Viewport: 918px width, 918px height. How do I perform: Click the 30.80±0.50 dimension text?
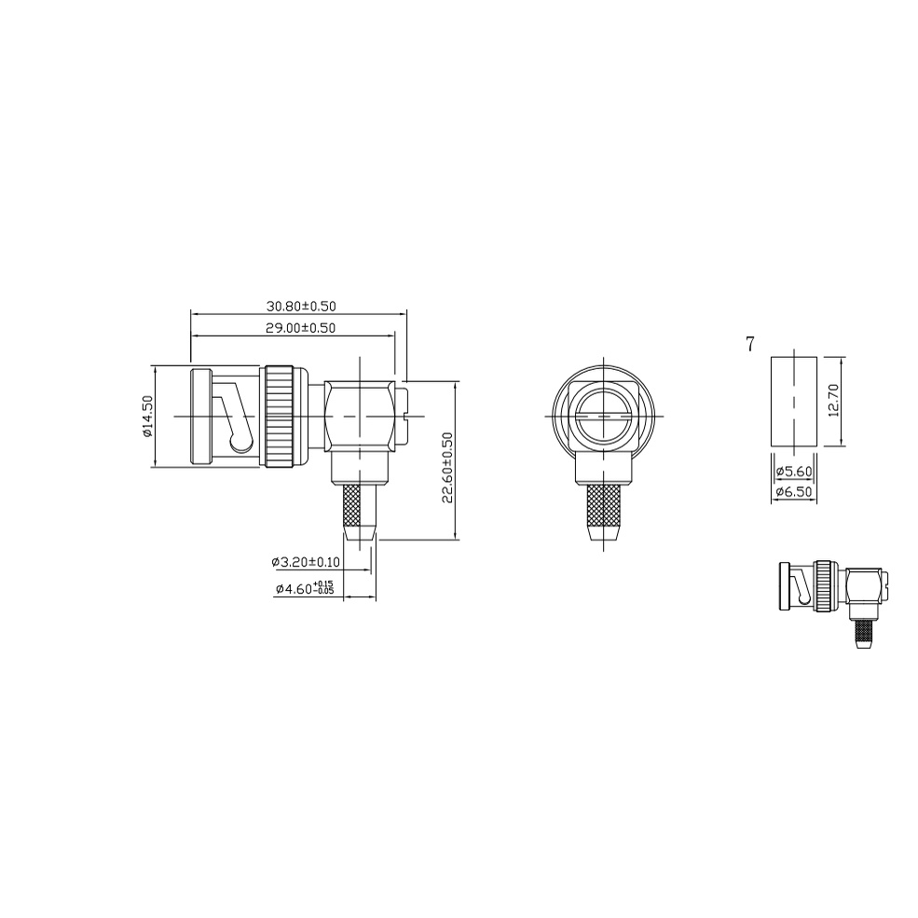pos(301,306)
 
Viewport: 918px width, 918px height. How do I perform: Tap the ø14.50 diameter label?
pos(146,417)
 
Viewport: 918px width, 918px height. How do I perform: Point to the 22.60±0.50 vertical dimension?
pos(448,467)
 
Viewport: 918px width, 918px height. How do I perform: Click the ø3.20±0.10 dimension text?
pos(305,562)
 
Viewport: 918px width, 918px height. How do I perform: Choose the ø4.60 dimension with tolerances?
pos(305,588)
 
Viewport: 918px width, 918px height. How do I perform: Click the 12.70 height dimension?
pos(834,400)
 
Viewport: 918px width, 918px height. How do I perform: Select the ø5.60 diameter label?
pos(794,472)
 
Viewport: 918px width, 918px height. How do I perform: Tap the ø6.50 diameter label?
pos(794,492)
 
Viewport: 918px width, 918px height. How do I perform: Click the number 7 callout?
pos(750,344)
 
